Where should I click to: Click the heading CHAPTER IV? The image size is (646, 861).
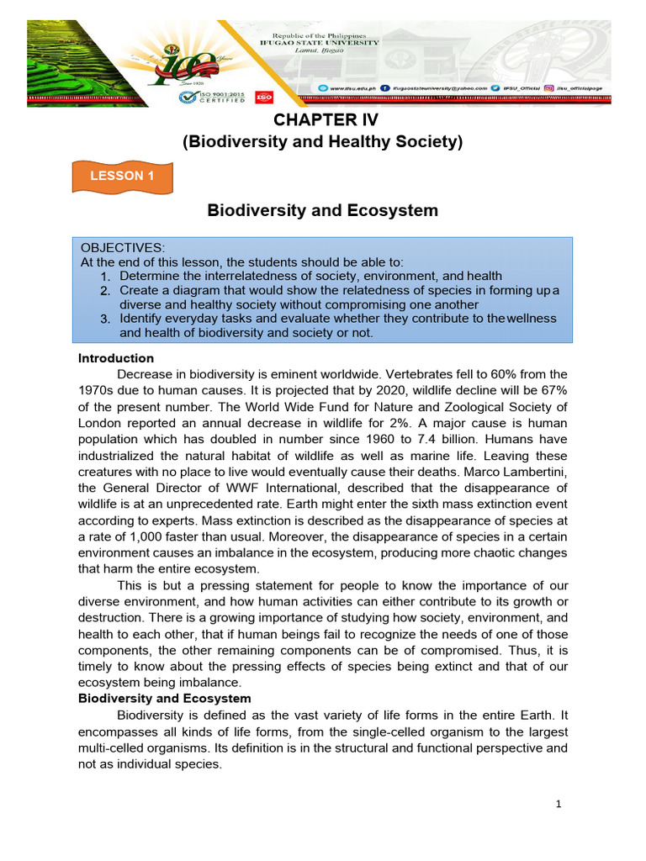[323, 120]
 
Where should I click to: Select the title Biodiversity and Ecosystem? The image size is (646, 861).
[323, 210]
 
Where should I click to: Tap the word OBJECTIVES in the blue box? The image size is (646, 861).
[123, 247]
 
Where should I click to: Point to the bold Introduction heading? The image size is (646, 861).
[116, 358]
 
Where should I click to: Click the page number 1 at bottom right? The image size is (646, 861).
[558, 804]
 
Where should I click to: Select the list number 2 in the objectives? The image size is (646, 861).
[105, 290]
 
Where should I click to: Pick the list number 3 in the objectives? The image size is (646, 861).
[105, 319]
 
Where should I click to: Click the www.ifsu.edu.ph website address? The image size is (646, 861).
[348, 87]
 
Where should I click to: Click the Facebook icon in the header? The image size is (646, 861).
[384, 87]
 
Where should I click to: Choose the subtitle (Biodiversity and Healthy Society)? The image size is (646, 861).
[323, 143]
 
